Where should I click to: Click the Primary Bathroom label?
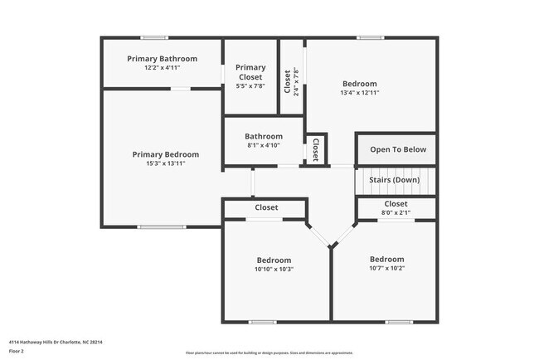coord(162,59)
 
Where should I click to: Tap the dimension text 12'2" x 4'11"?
coord(162,68)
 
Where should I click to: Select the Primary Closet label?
coord(250,72)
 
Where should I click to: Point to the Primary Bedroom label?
coord(166,154)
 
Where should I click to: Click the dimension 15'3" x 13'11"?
coord(166,163)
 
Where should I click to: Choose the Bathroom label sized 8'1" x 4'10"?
coord(264,136)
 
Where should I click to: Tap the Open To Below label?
coord(398,149)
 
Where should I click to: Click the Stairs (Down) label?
coord(396,180)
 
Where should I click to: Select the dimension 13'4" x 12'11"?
coord(360,93)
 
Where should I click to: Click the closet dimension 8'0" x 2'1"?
coord(396,213)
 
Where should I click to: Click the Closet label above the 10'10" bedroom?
coord(266,207)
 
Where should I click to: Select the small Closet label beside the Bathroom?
coord(316,149)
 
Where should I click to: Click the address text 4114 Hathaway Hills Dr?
coord(56,342)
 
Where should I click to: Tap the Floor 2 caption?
coord(17,352)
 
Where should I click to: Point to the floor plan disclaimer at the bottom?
coord(269,353)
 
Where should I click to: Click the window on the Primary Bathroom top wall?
coord(154,37)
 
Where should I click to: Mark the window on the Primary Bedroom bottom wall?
coord(162,226)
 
